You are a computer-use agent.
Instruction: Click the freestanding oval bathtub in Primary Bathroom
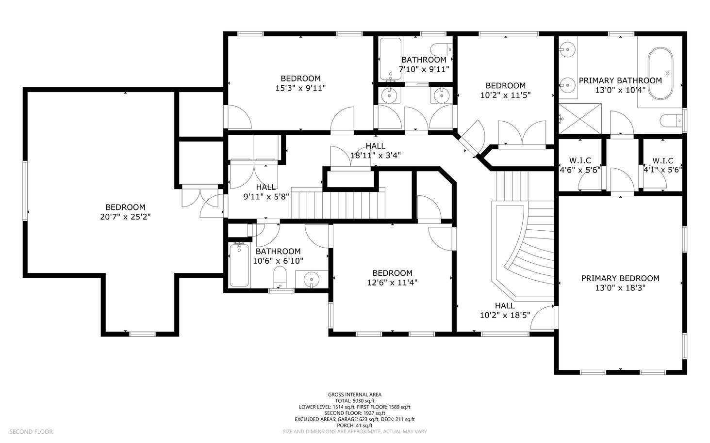(660, 74)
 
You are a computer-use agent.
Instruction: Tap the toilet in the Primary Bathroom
(671, 121)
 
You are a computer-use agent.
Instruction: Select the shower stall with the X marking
(580, 119)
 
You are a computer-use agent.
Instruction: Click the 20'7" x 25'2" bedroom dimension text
(125, 217)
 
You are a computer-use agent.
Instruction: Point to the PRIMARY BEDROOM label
(620, 278)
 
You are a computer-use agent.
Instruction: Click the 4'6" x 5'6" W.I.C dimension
(580, 170)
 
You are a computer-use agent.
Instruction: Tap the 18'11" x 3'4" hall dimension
(376, 156)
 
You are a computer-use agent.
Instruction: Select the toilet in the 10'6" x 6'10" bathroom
(280, 277)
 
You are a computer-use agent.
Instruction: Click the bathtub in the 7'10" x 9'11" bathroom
(391, 59)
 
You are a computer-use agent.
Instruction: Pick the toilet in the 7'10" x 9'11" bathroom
(441, 50)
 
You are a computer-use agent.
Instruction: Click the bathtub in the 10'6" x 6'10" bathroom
(239, 265)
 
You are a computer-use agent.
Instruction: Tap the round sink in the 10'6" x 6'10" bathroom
(312, 280)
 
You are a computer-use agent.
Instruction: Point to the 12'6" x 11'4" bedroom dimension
(392, 283)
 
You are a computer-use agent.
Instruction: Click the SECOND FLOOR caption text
(31, 431)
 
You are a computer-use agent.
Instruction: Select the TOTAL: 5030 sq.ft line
(355, 401)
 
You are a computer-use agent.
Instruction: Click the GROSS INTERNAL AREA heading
(355, 395)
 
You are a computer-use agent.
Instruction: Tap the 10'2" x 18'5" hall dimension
(505, 316)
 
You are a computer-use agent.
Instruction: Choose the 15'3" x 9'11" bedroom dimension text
(300, 88)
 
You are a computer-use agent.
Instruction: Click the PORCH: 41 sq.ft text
(355, 425)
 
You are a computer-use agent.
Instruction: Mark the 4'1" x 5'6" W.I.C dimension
(663, 170)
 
